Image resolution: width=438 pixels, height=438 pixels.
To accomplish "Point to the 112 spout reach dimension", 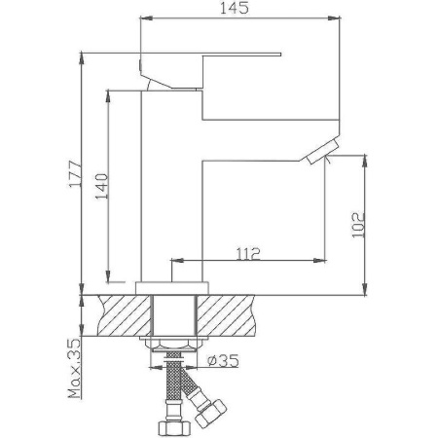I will click(247, 254).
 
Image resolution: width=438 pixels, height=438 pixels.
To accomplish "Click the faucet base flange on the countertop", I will click(176, 284).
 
